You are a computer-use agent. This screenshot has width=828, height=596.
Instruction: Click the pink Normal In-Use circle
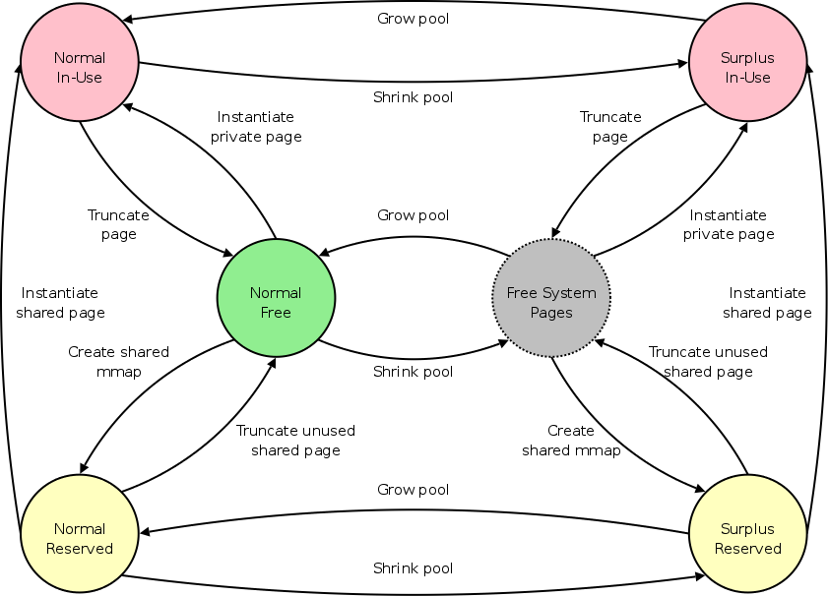click(x=79, y=68)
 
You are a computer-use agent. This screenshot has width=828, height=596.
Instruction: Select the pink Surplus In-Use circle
click(x=747, y=68)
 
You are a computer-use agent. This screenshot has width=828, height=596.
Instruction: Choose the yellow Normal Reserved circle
click(x=79, y=539)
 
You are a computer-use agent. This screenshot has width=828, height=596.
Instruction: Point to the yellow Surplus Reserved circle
click(x=747, y=539)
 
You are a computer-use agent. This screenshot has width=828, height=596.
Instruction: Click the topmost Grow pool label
click(x=413, y=19)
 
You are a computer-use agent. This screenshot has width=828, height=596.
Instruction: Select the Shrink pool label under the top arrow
click(x=413, y=97)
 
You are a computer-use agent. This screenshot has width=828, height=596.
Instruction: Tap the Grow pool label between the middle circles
click(x=413, y=215)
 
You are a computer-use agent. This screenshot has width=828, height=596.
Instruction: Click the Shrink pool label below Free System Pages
click(x=413, y=372)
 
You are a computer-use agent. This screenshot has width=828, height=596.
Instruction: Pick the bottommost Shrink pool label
click(x=413, y=568)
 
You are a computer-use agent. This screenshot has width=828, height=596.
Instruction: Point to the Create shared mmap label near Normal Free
click(x=118, y=362)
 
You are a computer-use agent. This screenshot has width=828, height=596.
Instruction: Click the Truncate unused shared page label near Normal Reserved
click(x=295, y=441)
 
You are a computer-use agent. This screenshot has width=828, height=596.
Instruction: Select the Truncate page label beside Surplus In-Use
click(x=610, y=127)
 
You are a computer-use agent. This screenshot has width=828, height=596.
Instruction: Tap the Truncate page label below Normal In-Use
click(x=118, y=224)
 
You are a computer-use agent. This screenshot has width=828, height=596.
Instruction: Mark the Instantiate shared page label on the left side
click(x=60, y=303)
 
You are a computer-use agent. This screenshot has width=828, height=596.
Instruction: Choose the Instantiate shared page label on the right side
click(x=767, y=303)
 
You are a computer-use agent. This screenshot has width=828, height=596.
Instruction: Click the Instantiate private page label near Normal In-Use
click(x=256, y=127)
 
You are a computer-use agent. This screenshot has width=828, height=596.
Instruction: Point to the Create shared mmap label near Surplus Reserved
click(x=571, y=441)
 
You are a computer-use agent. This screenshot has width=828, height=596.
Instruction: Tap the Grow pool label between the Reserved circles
click(x=413, y=490)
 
